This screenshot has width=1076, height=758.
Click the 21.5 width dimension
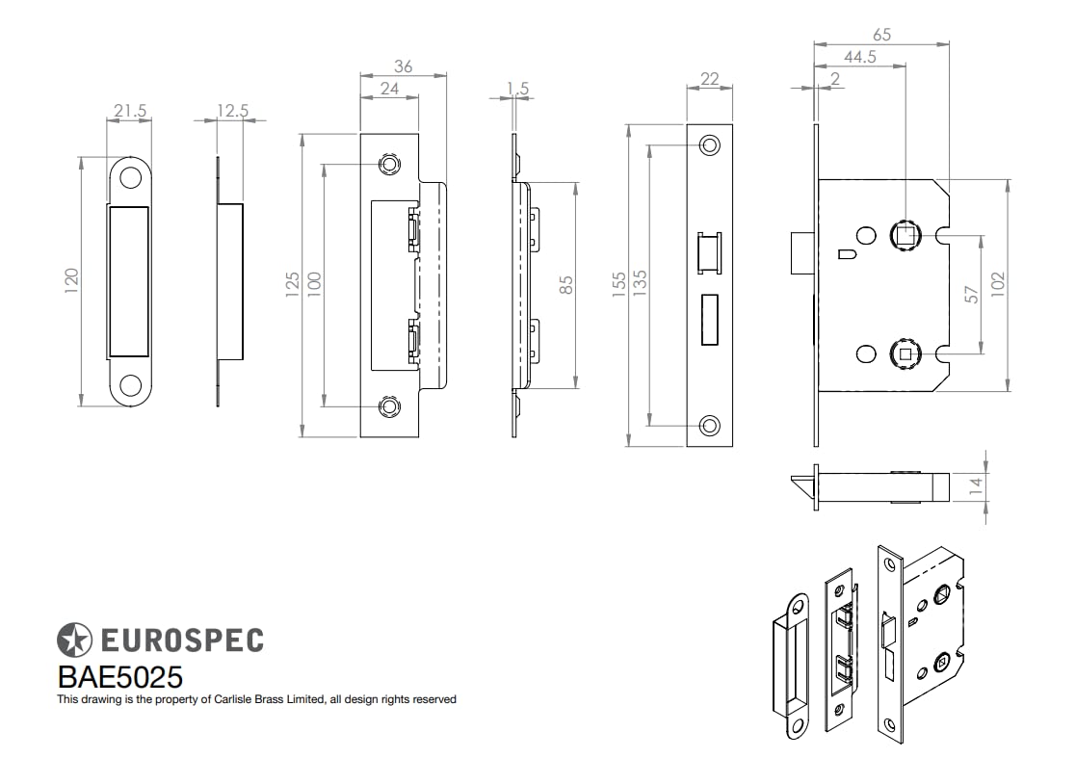click(130, 111)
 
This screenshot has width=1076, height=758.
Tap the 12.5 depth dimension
click(232, 111)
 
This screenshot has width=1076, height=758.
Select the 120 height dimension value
click(70, 282)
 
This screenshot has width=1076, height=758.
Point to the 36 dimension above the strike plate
click(404, 66)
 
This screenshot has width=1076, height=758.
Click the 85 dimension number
click(566, 285)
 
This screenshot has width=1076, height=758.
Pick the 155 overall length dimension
click(619, 282)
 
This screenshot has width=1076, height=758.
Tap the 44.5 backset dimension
click(858, 57)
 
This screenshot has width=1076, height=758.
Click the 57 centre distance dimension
click(972, 295)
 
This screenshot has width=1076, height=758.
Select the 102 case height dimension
click(998, 285)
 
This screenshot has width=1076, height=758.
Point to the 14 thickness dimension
click(976, 485)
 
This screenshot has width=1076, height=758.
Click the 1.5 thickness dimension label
click(517, 89)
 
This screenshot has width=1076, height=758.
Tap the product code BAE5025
click(120, 676)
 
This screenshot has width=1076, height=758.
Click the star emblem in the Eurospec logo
click(74, 640)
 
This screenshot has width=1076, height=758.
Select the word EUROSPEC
click(181, 640)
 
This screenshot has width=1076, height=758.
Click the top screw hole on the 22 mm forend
click(710, 145)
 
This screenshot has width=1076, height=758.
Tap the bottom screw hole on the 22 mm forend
click(710, 424)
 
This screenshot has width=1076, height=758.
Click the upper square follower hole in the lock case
click(905, 232)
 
